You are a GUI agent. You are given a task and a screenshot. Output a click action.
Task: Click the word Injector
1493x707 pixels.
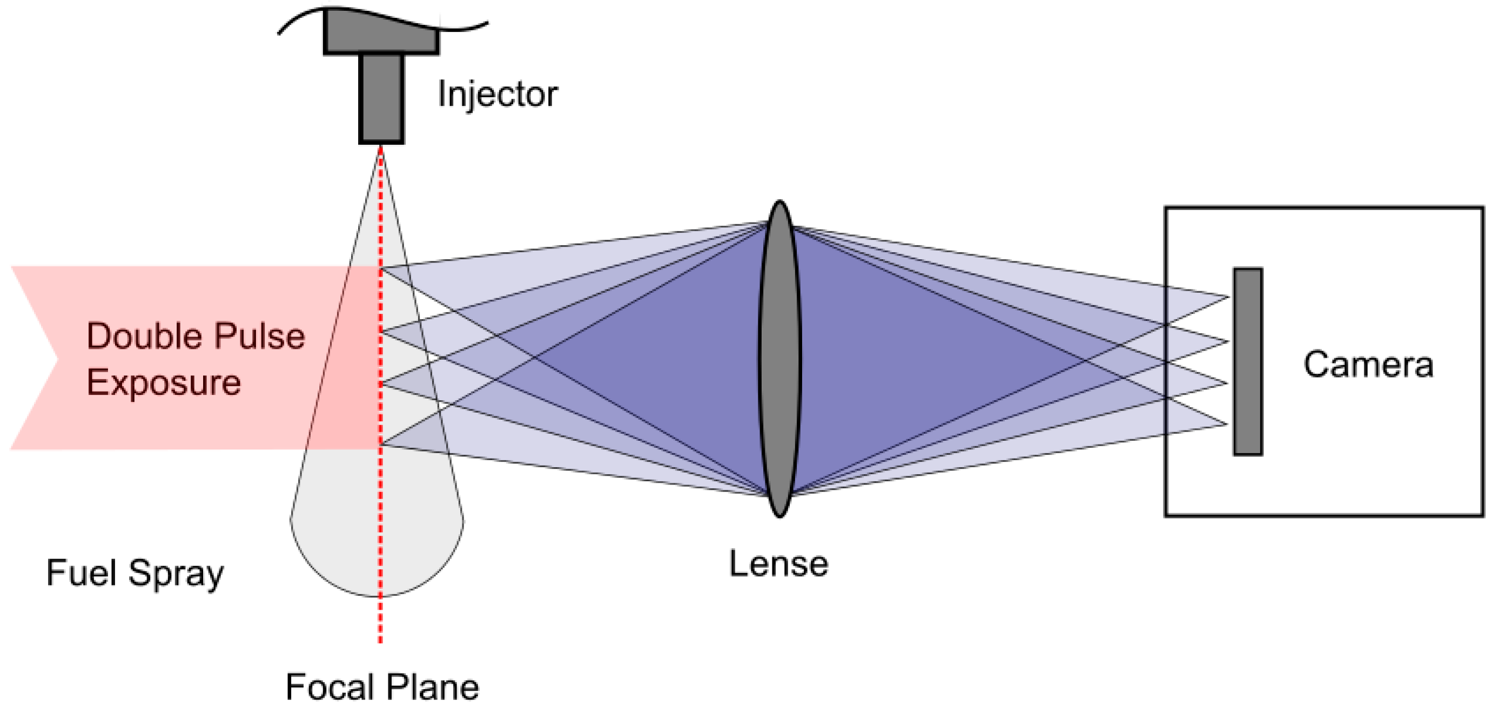[x=497, y=94]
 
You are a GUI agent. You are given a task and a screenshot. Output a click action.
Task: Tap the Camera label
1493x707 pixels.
[x=1368, y=365]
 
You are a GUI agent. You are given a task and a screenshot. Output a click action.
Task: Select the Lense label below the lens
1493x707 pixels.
[x=778, y=564]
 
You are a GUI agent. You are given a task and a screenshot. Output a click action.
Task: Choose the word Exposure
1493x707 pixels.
[x=164, y=382]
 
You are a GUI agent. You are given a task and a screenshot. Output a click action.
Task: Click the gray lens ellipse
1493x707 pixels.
[x=779, y=359]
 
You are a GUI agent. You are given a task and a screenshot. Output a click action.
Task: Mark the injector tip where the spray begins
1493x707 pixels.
[x=381, y=146]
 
